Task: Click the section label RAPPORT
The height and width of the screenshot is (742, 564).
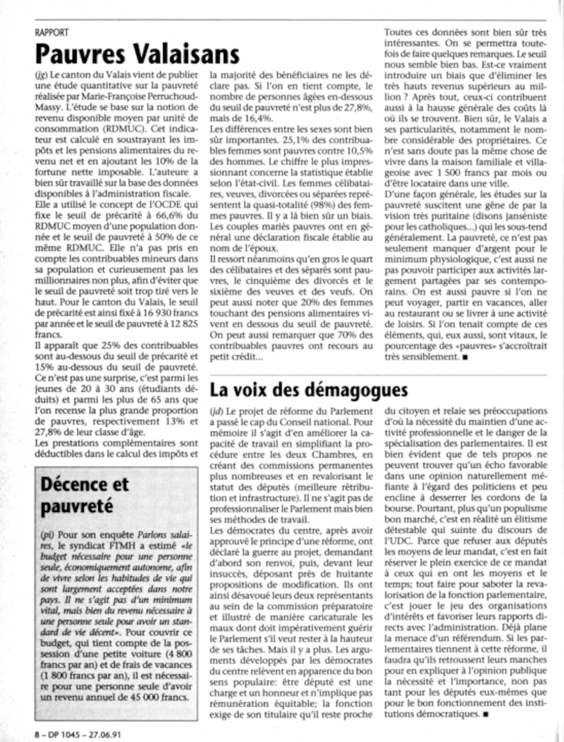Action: (52, 32)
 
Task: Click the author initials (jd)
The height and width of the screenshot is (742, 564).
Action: (217, 411)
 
